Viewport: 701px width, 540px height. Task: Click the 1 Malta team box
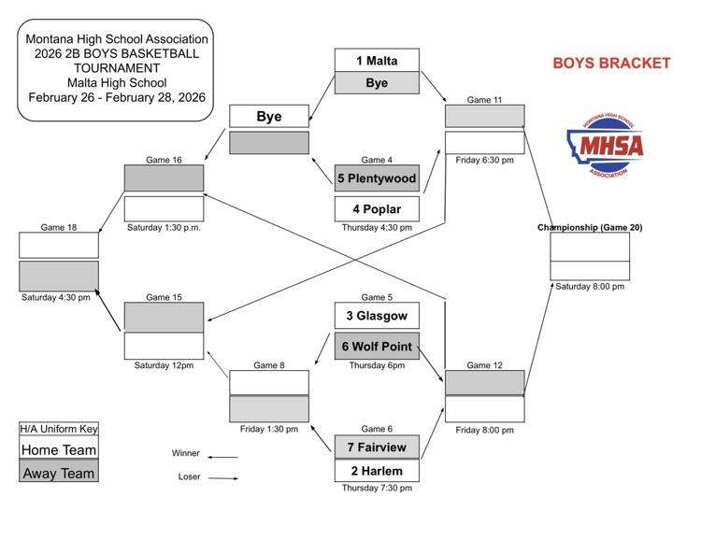[377, 61]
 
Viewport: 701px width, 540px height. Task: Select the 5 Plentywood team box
[377, 178]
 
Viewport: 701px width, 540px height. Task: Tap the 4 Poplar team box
[377, 208]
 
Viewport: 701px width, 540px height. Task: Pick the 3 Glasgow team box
[377, 315]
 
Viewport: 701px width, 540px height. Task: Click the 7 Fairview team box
[377, 446]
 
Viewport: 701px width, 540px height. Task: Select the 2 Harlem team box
[377, 470]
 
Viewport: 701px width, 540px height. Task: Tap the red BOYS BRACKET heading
[611, 64]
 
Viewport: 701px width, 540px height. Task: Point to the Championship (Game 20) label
[590, 227]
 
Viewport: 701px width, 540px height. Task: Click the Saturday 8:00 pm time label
[590, 287]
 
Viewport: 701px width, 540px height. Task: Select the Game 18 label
[59, 226]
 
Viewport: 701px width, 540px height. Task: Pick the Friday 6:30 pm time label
[484, 160]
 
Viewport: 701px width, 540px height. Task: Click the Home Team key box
[59, 449]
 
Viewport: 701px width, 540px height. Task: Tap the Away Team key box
[59, 473]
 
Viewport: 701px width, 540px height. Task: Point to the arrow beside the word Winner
[222, 457]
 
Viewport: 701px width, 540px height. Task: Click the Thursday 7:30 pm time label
[377, 488]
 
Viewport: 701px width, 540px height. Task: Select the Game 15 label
[164, 297]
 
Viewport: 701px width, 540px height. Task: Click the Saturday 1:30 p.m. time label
[164, 227]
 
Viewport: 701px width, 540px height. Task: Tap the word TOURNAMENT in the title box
[118, 68]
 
